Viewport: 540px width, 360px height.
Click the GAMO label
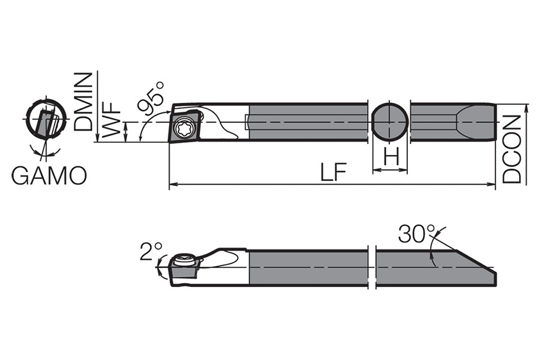49,176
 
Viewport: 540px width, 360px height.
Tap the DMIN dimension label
84,102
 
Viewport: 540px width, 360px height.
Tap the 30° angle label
416,234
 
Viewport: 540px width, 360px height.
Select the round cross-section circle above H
389,121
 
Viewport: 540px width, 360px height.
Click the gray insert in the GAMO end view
45,123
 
